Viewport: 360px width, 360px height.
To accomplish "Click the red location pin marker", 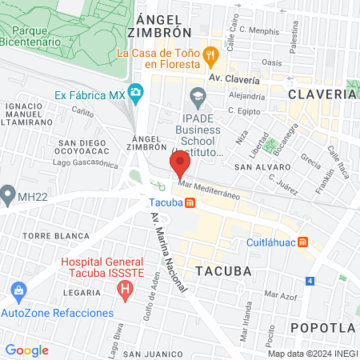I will (180, 166).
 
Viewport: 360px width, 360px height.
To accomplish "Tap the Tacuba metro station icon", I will (189, 202).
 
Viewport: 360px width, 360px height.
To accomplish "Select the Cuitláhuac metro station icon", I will (303, 242).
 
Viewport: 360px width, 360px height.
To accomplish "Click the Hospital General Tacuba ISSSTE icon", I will (124, 292).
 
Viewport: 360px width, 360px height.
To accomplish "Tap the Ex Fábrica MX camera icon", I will (136, 94).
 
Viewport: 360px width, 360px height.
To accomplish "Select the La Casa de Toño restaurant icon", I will (211, 54).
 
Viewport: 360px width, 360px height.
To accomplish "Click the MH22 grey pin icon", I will (8, 194).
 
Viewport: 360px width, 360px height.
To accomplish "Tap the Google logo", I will (26, 350).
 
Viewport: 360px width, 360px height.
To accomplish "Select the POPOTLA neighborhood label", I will (322, 328).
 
